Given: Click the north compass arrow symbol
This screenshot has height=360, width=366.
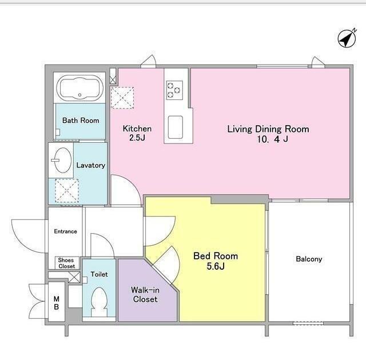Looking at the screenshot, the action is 347,38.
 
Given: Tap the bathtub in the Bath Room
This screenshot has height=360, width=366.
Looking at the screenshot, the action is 80,88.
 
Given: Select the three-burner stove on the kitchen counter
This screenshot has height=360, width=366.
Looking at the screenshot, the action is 174,90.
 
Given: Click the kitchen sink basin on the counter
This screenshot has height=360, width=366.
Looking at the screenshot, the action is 176,127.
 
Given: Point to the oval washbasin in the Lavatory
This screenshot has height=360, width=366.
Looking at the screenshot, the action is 62,160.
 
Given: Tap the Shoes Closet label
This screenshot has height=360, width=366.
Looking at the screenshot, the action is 67,263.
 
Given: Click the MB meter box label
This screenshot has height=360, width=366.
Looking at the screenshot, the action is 56,303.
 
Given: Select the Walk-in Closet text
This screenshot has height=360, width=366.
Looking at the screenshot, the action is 145,294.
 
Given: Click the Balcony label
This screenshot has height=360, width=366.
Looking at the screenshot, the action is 309,259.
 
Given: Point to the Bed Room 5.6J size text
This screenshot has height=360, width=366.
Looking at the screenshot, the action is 216,266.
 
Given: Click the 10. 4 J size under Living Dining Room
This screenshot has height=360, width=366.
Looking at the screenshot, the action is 272,139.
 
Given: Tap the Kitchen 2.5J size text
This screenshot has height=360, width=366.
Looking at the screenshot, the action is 137,138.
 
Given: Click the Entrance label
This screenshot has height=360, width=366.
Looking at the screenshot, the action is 65,231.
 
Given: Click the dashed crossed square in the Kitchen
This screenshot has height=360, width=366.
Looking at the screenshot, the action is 122,98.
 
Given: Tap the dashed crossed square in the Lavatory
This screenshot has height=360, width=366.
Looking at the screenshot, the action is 67,190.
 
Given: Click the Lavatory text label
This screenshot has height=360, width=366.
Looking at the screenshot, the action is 90,165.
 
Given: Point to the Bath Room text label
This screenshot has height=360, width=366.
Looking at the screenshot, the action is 81,121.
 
